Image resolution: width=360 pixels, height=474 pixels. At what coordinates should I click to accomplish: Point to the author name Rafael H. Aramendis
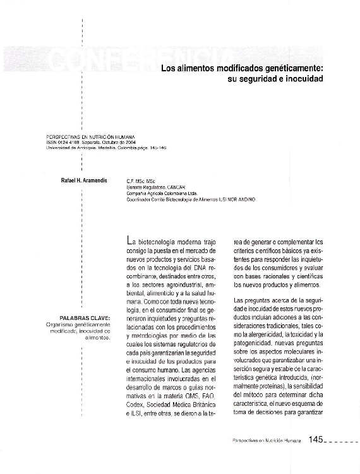[x=85, y=181]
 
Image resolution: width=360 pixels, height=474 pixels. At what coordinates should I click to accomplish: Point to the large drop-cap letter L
[x=130, y=240]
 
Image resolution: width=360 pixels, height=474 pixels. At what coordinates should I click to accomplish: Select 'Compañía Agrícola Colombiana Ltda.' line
[x=162, y=193]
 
